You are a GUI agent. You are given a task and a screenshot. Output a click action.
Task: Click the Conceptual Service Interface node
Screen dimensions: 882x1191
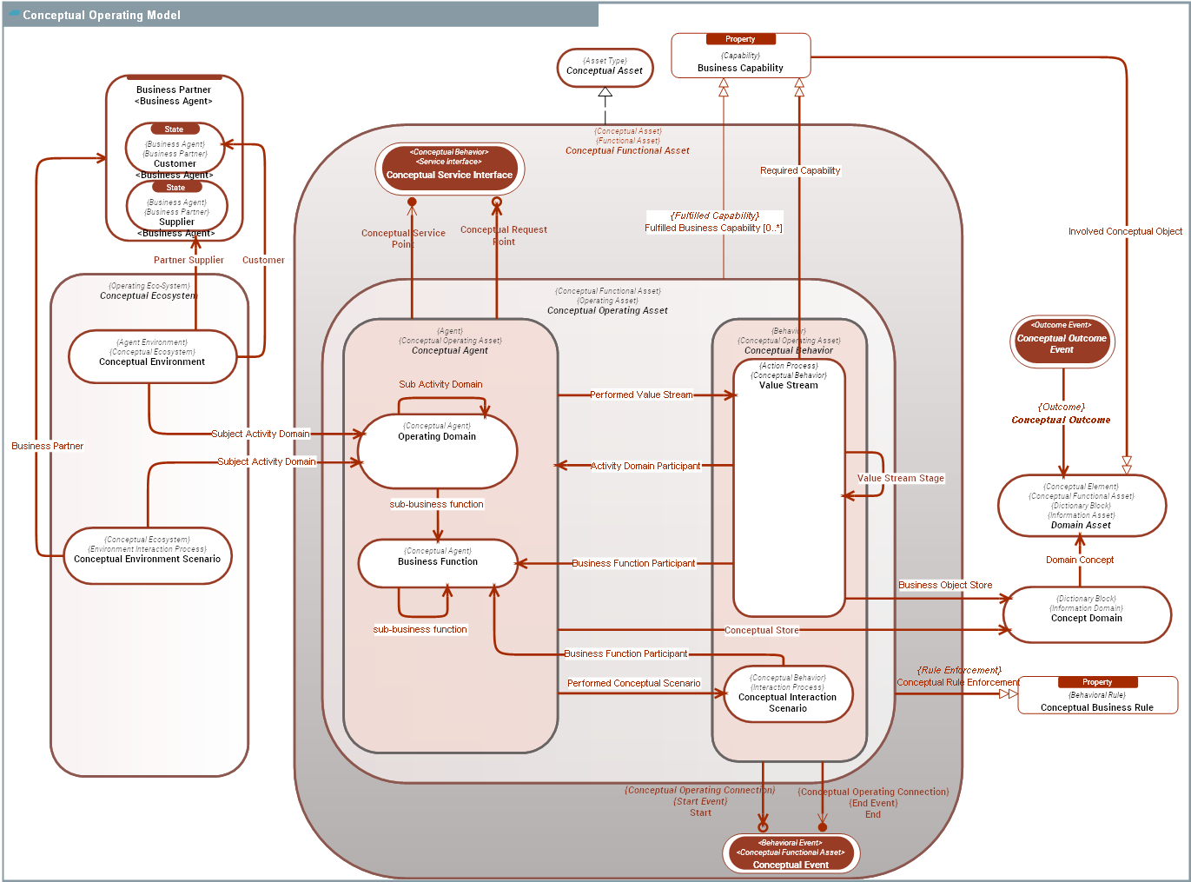[x=449, y=169]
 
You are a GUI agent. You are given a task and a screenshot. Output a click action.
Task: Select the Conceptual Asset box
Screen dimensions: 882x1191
[x=605, y=68]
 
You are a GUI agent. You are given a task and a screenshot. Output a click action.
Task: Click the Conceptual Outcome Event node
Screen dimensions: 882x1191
[x=1062, y=341]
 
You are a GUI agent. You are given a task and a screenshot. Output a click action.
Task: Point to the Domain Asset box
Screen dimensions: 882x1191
[x=1081, y=506]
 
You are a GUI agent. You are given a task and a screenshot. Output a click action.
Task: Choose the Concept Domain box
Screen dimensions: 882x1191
[x=1086, y=614]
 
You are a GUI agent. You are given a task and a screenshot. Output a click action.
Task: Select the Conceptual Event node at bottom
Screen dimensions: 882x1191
[x=791, y=853]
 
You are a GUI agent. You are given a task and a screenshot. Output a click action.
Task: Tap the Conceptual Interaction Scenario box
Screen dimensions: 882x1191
[x=788, y=693]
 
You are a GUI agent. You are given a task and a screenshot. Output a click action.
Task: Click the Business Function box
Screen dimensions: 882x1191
[x=438, y=562]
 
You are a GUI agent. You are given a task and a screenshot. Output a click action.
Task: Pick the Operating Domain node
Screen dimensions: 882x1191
[x=437, y=450]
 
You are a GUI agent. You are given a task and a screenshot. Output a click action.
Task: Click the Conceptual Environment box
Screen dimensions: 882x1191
[x=152, y=356]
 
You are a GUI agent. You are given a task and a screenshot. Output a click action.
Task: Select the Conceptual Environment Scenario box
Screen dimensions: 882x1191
[x=147, y=555]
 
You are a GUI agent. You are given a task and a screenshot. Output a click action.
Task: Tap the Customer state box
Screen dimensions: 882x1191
[x=175, y=148]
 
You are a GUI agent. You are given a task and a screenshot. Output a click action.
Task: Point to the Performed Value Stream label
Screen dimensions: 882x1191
[x=641, y=395]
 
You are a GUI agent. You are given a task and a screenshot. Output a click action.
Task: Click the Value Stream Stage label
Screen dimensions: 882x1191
[x=900, y=478]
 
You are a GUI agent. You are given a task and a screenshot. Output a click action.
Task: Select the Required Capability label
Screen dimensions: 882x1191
[x=800, y=170]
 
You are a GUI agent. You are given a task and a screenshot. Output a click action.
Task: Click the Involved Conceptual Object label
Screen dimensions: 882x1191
[x=1125, y=231]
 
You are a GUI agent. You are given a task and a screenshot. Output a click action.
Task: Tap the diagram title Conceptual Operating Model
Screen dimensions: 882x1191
[x=102, y=15]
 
